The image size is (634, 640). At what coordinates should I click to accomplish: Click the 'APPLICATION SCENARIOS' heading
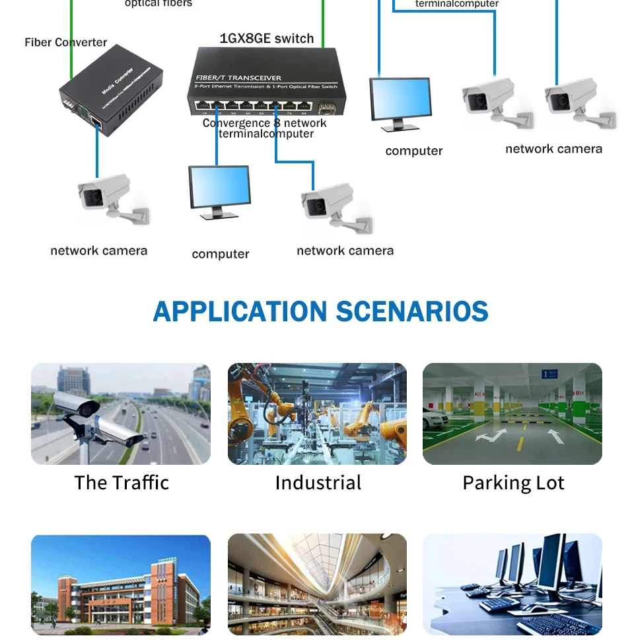pos(320,311)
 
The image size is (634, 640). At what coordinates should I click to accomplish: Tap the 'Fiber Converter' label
pos(65,42)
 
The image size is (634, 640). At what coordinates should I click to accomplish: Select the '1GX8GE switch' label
pos(266,38)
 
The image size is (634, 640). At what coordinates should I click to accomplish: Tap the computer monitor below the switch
pos(219,190)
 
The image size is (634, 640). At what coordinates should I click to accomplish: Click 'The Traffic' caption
pos(122,483)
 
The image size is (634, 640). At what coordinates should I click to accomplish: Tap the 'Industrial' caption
pos(318,483)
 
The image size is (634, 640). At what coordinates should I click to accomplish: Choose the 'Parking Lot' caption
pos(513,483)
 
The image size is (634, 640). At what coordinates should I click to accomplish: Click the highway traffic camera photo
pos(121,414)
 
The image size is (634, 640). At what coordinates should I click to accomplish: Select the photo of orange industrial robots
pos(317,414)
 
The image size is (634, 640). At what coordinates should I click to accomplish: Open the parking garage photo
pos(512,414)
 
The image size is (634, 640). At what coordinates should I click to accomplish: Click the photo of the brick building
pos(121,585)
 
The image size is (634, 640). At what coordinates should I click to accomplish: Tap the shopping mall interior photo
pos(317,585)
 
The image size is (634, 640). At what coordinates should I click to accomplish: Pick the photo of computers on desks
pos(512,585)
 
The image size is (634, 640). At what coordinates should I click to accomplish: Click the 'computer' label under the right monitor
pos(414,151)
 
